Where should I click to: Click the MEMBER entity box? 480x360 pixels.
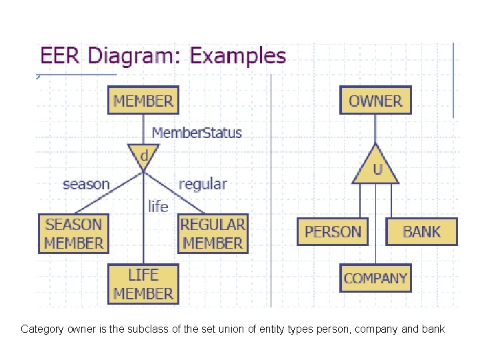pyautogui.click(x=143, y=101)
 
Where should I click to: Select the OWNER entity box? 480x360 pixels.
pyautogui.click(x=375, y=101)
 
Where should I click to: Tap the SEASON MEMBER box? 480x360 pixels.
pyautogui.click(x=73, y=233)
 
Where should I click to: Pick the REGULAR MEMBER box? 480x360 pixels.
pyautogui.click(x=213, y=233)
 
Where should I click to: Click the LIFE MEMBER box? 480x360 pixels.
pyautogui.click(x=143, y=284)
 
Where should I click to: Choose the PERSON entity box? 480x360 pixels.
pyautogui.click(x=333, y=232)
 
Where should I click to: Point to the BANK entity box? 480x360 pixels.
pyautogui.click(x=422, y=232)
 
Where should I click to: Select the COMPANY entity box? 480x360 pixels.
pyautogui.click(x=375, y=278)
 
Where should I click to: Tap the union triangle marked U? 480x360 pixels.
pyautogui.click(x=376, y=169)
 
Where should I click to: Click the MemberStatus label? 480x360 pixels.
pyautogui.click(x=197, y=132)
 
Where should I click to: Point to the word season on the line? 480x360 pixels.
pyautogui.click(x=86, y=183)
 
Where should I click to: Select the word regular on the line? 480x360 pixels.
pyautogui.click(x=203, y=183)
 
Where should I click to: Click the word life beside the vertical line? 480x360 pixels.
pyautogui.click(x=158, y=206)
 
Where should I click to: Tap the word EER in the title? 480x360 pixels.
pyautogui.click(x=60, y=55)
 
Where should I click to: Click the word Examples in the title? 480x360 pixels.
pyautogui.click(x=238, y=55)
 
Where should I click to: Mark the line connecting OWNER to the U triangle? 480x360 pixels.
pyautogui.click(x=375, y=128)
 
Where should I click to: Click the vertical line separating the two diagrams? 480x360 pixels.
pyautogui.click(x=271, y=200)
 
